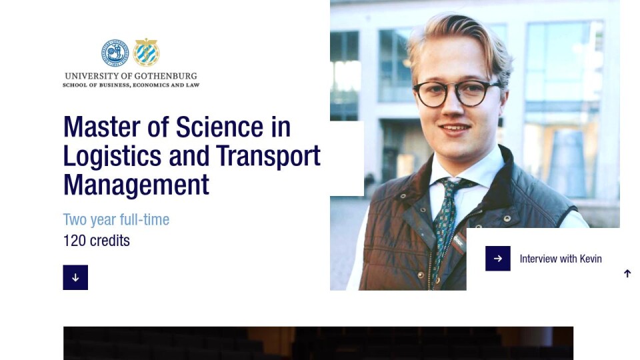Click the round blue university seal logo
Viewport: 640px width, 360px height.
coord(115,53)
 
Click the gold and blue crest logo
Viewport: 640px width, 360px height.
coord(146,52)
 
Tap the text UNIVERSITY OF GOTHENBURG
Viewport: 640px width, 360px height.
coord(131,76)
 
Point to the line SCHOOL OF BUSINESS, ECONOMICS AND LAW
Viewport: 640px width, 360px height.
coord(131,85)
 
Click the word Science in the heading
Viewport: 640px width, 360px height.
coord(219,127)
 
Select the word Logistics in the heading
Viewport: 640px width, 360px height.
coord(112,156)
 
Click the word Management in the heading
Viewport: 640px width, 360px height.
coord(136,185)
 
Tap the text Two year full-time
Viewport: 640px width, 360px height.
coord(116,219)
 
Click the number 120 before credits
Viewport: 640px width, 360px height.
coord(74,241)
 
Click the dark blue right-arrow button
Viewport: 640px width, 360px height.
coord(497,259)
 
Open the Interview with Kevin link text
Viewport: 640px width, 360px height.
coord(561,259)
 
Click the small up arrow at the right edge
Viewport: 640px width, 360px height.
coord(627,273)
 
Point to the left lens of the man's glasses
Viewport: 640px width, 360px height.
coord(431,95)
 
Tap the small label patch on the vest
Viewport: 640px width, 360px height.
coord(459,242)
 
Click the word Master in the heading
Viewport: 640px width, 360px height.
coord(102,127)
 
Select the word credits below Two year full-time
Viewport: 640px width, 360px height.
coord(109,241)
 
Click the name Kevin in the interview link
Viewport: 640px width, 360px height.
coord(591,259)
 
